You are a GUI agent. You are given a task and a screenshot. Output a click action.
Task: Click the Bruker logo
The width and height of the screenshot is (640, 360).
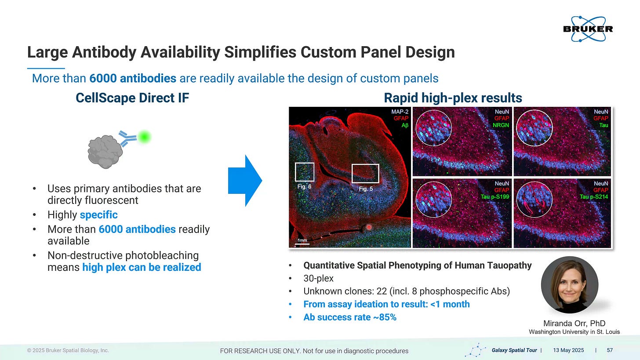tap(588, 29)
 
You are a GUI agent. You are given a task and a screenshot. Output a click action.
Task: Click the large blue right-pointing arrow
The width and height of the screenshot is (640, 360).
tap(245, 181)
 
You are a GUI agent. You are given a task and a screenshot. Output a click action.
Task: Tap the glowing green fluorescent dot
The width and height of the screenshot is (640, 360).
tap(144, 137)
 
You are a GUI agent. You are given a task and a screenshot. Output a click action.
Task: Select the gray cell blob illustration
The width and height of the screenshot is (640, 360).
tap(105, 152)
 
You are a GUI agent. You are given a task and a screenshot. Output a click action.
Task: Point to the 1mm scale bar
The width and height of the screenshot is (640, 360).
tap(302, 244)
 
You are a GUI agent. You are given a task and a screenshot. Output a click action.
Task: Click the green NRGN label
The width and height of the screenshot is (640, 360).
tap(501, 125)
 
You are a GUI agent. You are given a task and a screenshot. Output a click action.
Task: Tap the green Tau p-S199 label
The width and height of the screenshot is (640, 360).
tap(495, 196)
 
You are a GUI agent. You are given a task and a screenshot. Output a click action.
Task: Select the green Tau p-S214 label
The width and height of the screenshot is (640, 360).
tap(594, 196)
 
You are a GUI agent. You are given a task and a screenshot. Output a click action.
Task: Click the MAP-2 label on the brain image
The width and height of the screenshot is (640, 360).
tap(400, 112)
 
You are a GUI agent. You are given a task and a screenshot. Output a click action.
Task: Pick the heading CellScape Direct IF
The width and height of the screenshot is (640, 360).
tap(132, 98)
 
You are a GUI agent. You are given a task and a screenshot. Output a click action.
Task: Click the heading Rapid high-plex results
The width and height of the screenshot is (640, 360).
tap(453, 98)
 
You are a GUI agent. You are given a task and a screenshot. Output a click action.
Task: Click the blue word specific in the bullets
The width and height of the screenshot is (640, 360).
tap(98, 215)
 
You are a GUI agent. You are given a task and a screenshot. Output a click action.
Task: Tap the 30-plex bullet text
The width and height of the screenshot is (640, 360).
tap(318, 278)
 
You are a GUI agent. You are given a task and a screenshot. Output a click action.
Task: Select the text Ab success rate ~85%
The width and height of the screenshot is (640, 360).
tap(350, 317)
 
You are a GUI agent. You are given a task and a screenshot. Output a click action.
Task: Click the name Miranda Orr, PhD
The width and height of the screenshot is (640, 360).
tap(574, 323)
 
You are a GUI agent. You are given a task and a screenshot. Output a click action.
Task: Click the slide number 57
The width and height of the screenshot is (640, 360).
tap(610, 350)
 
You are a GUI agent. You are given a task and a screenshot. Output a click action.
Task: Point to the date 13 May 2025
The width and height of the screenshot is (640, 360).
tap(568, 350)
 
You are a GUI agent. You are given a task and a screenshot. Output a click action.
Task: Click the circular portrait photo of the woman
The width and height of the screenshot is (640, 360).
tap(569, 285)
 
